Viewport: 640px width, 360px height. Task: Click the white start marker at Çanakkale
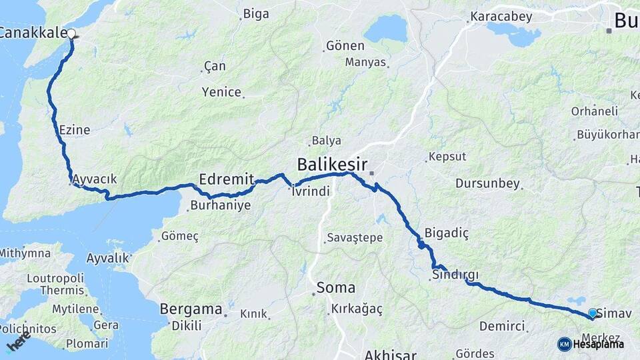pyautogui.click(x=71, y=33)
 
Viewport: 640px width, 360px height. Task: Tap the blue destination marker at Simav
pyautogui.click(x=592, y=312)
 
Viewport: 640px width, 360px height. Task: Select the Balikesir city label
pyautogui.click(x=333, y=163)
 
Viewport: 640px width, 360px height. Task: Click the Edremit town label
pyautogui.click(x=227, y=178)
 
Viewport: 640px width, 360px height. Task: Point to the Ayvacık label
pyautogui.click(x=94, y=179)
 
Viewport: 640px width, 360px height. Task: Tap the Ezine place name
pyautogui.click(x=74, y=130)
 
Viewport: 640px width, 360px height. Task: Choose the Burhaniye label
pyautogui.click(x=220, y=205)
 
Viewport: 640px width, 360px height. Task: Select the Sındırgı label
pyautogui.click(x=455, y=275)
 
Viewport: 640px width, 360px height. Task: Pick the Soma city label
pyautogui.click(x=335, y=288)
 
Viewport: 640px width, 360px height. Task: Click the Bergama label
pyautogui.click(x=191, y=309)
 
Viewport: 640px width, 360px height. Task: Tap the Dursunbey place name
pyautogui.click(x=487, y=183)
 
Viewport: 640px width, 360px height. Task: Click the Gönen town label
pyautogui.click(x=345, y=46)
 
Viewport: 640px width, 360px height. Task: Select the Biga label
pyautogui.click(x=256, y=13)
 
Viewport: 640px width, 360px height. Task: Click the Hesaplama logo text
pyautogui.click(x=598, y=344)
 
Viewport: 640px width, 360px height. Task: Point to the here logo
pyautogui.click(x=18, y=345)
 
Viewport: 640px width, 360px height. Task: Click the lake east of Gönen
pyautogui.click(x=385, y=29)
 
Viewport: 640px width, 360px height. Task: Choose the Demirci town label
pyautogui.click(x=501, y=327)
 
